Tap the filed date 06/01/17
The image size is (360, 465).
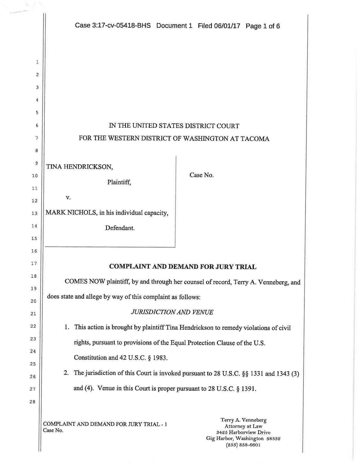point(227,26)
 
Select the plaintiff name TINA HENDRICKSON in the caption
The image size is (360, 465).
point(79,167)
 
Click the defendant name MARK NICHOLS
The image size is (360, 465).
point(71,213)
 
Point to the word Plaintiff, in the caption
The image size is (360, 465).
point(119,182)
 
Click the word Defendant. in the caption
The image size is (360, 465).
point(120,228)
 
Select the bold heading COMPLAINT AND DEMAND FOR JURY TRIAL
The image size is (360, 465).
point(183,266)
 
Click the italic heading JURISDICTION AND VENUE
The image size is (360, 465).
point(172,312)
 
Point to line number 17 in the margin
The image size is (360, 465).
point(34,263)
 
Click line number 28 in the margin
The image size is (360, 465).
point(33,402)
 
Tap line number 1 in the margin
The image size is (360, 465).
point(37,62)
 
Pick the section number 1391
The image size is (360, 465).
point(248,389)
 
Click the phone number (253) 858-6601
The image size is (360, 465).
point(243,445)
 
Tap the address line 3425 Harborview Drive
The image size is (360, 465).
point(243,432)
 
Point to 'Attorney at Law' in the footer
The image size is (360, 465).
point(243,426)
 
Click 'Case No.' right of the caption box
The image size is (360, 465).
point(201,175)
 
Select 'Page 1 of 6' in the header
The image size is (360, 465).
point(263,26)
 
